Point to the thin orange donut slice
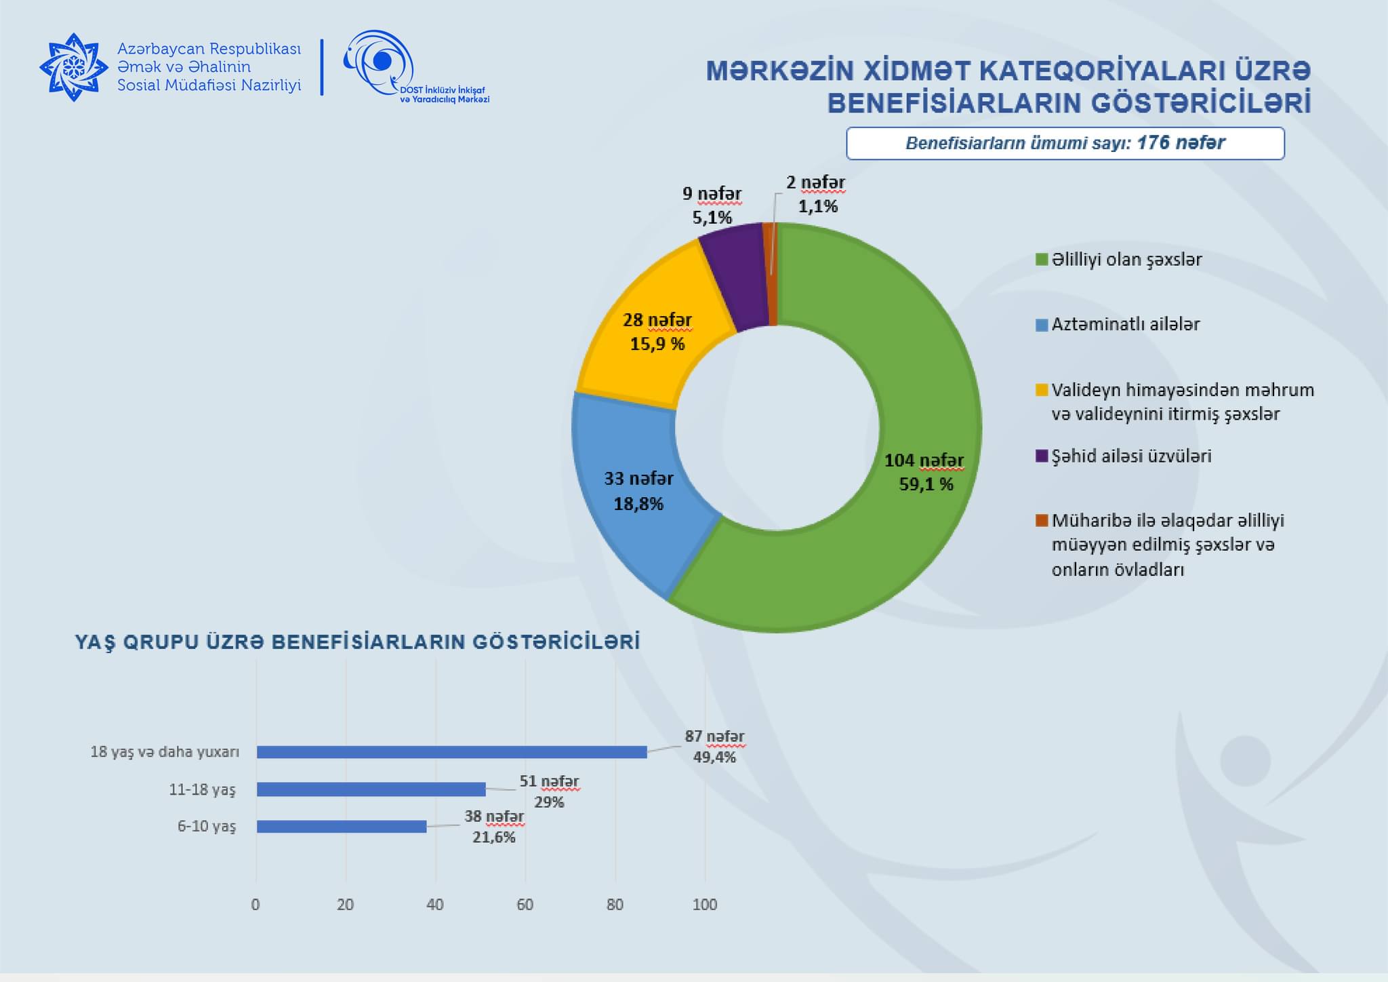(770, 275)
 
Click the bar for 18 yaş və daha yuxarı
(451, 752)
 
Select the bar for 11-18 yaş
(371, 789)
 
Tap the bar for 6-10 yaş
(341, 827)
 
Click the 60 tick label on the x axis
(525, 905)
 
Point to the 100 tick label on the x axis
(705, 905)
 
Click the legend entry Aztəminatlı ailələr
(1125, 324)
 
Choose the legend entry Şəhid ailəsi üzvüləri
(1131, 456)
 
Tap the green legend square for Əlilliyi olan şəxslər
(1042, 260)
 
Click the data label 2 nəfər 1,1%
(816, 195)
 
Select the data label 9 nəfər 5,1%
(712, 205)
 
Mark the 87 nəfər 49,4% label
(714, 747)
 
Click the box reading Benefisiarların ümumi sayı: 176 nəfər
(1065, 143)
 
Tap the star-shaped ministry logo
(73, 67)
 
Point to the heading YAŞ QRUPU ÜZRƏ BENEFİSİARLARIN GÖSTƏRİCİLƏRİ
(357, 642)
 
